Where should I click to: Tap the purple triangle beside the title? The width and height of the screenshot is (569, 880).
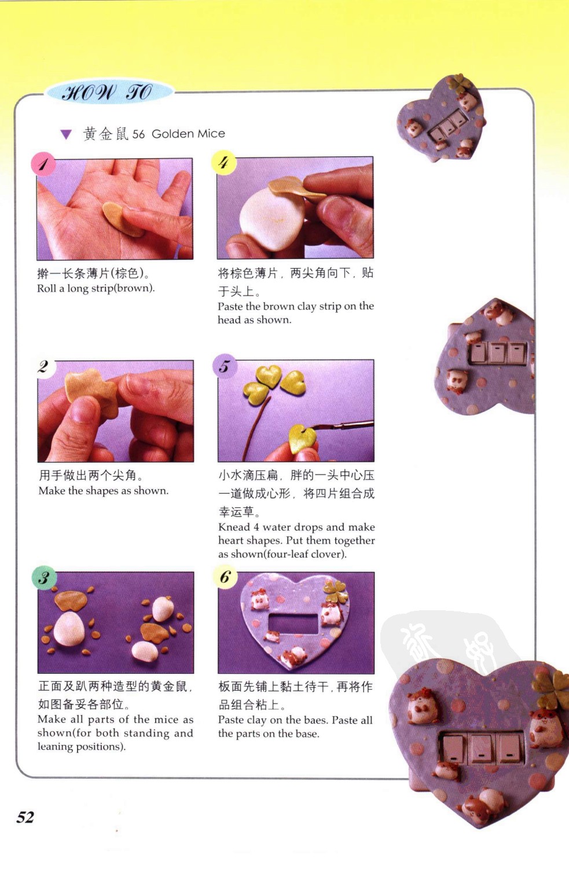66,135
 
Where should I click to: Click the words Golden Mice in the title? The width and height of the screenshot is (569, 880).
188,134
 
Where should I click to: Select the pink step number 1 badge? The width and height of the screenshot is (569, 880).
43,164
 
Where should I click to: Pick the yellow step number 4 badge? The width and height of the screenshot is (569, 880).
224,162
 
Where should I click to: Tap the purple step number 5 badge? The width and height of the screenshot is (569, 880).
224,366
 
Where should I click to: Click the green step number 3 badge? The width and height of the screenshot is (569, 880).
45,578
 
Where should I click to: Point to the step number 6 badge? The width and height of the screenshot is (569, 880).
225,577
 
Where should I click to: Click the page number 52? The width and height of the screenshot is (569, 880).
25,817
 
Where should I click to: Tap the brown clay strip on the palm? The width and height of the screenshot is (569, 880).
122,219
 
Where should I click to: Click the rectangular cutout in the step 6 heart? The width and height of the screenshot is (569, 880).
293,624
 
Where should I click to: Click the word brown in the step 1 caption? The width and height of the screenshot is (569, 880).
133,288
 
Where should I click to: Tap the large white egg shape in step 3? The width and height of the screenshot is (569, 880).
69,629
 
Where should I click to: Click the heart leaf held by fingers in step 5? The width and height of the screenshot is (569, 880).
302,439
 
